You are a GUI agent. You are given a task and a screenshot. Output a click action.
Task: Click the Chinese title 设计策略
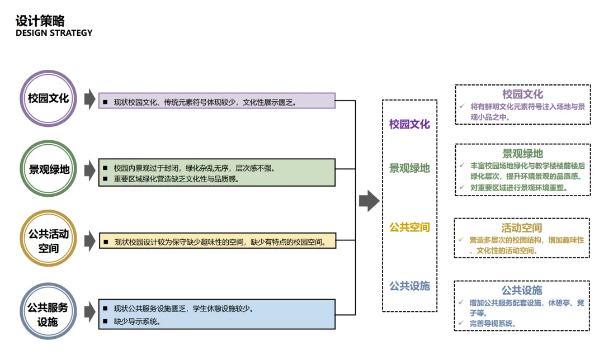[40, 21]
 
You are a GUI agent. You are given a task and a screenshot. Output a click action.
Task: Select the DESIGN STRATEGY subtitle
[54, 33]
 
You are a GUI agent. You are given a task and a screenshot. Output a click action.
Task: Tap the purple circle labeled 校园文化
[49, 99]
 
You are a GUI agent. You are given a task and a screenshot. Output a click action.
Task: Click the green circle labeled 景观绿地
[49, 169]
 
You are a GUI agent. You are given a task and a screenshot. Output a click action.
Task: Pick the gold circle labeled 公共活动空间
[49, 240]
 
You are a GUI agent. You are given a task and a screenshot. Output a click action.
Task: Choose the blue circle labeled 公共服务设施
[49, 313]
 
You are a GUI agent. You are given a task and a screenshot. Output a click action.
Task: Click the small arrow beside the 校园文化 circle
[89, 99]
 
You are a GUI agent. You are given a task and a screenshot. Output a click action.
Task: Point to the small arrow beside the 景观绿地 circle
[89, 169]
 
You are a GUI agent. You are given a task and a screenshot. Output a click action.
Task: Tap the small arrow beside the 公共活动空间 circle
[89, 241]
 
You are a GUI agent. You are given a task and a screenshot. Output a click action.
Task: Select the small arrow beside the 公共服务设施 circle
[89, 313]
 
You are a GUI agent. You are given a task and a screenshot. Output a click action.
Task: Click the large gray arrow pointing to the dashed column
[369, 201]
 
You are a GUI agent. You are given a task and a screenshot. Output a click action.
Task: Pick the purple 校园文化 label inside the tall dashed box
[409, 124]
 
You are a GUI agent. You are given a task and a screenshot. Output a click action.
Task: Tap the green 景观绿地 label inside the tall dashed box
[409, 168]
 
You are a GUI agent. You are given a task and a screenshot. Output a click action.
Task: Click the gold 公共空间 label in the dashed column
[409, 228]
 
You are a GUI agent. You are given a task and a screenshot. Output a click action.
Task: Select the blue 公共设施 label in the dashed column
[409, 286]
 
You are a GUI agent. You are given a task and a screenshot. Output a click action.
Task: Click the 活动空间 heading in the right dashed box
[521, 228]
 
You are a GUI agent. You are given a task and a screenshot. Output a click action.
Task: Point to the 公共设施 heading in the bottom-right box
[521, 290]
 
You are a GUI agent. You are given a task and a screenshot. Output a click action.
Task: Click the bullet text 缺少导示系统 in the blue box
[136, 321]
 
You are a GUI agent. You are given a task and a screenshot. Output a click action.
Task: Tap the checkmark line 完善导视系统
[492, 323]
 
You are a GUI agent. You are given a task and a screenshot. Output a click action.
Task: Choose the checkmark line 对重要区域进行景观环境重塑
[519, 188]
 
